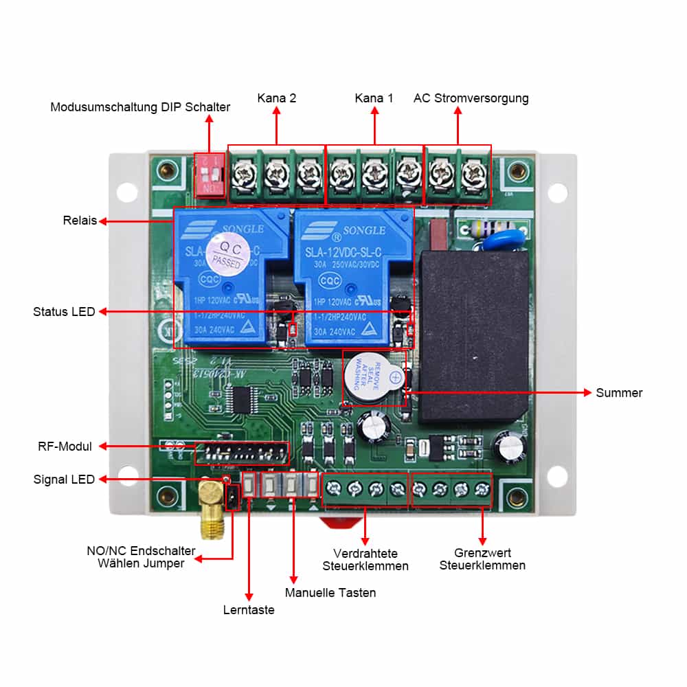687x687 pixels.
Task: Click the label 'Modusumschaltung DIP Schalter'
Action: pyautogui.click(x=140, y=107)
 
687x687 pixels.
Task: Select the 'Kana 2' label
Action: pyautogui.click(x=277, y=98)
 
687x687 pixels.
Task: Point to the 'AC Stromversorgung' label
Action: pyautogui.click(x=471, y=98)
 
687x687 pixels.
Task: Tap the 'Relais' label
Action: pyautogui.click(x=80, y=221)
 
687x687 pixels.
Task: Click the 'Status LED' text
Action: pyautogui.click(x=64, y=312)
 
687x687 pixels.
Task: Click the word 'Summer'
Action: pyautogui.click(x=619, y=393)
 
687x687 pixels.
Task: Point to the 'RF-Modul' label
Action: pyautogui.click(x=65, y=447)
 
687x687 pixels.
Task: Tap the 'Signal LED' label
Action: pyautogui.click(x=64, y=480)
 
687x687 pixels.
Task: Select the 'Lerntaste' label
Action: pyautogui.click(x=249, y=609)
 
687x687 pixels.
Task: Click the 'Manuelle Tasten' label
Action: pyautogui.click(x=330, y=592)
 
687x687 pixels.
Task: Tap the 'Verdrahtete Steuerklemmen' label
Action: pyautogui.click(x=365, y=559)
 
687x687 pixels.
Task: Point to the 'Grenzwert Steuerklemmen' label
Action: pyautogui.click(x=482, y=559)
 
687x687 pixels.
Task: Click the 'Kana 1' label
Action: pyautogui.click(x=374, y=98)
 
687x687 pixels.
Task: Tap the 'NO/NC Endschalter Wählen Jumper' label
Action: pyautogui.click(x=141, y=557)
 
